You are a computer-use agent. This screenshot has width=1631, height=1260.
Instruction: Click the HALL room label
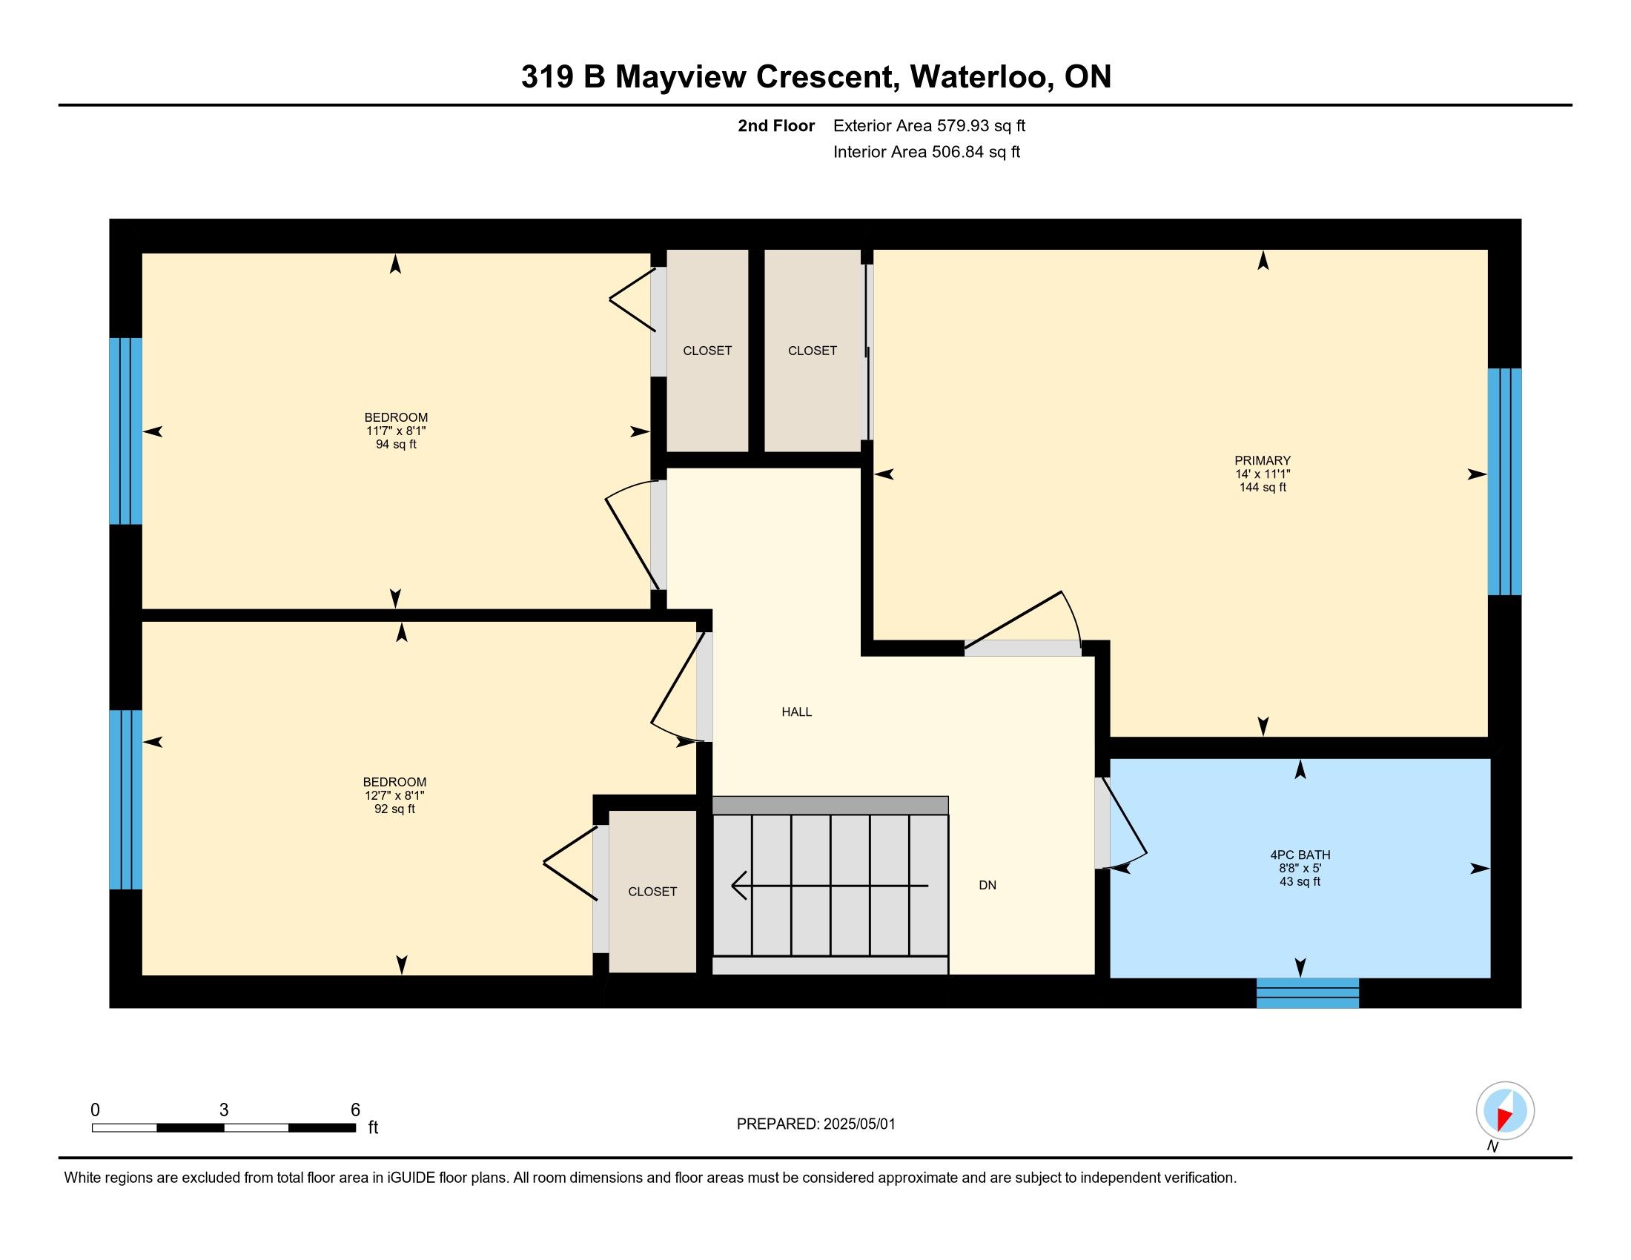tap(796, 712)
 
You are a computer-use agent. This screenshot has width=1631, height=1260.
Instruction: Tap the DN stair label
tap(987, 885)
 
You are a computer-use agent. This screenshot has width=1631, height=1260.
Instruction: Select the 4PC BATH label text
tap(1300, 855)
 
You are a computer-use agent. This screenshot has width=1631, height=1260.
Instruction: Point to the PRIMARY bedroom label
tap(1263, 460)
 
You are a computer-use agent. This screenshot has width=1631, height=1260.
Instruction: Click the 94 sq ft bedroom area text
tap(396, 444)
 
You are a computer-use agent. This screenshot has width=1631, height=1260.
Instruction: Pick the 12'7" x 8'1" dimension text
tap(395, 796)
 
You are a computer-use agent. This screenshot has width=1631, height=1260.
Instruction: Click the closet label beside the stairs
tap(652, 891)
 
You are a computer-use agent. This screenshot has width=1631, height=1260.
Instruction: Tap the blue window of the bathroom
tap(1308, 992)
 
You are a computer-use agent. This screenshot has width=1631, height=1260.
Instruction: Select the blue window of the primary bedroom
tap(1505, 482)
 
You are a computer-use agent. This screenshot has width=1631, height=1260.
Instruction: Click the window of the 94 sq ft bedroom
tap(125, 431)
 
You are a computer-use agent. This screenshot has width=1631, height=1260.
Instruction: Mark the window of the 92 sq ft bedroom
tap(125, 800)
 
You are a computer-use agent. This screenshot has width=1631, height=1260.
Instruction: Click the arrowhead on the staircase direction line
tap(738, 885)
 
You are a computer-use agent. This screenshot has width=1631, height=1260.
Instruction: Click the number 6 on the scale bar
tap(355, 1110)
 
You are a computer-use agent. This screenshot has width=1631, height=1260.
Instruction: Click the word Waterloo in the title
tap(982, 77)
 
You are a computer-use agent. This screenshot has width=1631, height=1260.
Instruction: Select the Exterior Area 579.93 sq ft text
tap(929, 125)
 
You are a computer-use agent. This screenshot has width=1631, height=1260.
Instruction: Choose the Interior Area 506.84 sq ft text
tap(927, 151)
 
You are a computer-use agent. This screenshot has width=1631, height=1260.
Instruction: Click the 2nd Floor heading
tap(776, 125)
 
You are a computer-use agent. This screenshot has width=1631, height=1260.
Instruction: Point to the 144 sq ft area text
tap(1263, 488)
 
